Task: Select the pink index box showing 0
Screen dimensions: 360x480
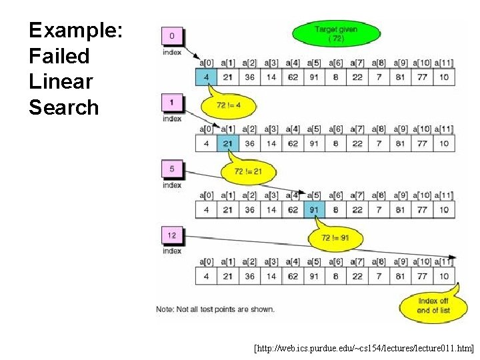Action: tap(172, 37)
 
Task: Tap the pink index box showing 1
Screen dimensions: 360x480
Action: tap(172, 103)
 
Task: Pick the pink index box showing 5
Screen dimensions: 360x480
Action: tap(172, 169)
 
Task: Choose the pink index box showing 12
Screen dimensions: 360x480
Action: tap(172, 235)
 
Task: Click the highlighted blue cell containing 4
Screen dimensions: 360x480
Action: tap(207, 77)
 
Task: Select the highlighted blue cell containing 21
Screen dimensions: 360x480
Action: tap(227, 143)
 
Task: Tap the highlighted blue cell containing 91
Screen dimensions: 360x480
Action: tap(314, 210)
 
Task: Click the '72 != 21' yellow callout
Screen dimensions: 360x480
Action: tap(248, 171)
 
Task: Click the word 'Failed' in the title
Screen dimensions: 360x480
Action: tap(59, 56)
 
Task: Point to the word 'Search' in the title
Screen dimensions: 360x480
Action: tap(63, 107)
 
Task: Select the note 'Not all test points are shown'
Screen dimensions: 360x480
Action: tap(215, 309)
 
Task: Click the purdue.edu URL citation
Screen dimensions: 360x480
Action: tap(364, 348)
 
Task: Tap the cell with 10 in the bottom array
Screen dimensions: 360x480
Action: tap(444, 276)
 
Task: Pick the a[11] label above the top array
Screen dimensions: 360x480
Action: tap(444, 63)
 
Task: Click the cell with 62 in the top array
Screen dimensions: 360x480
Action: tap(293, 77)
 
